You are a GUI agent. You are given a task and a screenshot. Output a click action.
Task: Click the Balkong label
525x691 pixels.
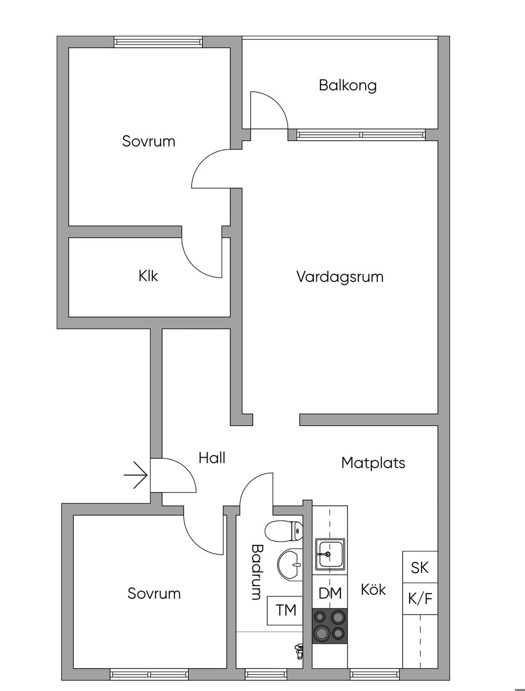tap(348, 85)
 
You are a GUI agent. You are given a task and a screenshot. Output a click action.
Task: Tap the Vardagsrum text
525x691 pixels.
tap(340, 277)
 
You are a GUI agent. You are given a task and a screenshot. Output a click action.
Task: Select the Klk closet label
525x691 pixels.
tap(148, 276)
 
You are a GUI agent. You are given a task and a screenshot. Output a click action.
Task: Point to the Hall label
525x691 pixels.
tap(212, 458)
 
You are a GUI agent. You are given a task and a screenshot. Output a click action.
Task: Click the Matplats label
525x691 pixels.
tap(373, 463)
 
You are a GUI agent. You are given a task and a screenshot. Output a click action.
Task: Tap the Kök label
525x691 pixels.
tap(373, 590)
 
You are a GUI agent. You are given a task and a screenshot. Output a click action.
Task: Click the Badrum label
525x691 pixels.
tap(256, 572)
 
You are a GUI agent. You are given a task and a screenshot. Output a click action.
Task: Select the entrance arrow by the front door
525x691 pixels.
tap(136, 475)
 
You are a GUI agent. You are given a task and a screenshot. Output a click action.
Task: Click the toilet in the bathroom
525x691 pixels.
tap(284, 531)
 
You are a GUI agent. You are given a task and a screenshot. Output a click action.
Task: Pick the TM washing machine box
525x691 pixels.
tap(286, 610)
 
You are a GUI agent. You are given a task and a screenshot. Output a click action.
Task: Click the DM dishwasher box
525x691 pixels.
tap(330, 594)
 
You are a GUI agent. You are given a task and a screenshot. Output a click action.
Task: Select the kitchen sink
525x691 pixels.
tap(330, 554)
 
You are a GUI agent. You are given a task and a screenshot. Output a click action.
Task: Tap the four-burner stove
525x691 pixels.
tap(330, 626)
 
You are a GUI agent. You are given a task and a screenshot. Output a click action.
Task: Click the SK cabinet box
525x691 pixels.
tap(420, 567)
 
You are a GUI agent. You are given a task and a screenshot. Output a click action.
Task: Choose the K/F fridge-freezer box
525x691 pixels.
tap(420, 598)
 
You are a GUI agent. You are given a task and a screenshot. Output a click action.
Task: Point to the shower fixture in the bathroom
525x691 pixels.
tap(299, 651)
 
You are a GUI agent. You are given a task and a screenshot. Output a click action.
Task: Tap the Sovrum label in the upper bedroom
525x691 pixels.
tap(149, 141)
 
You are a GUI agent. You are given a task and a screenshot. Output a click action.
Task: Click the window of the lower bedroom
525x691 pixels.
tap(149, 675)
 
